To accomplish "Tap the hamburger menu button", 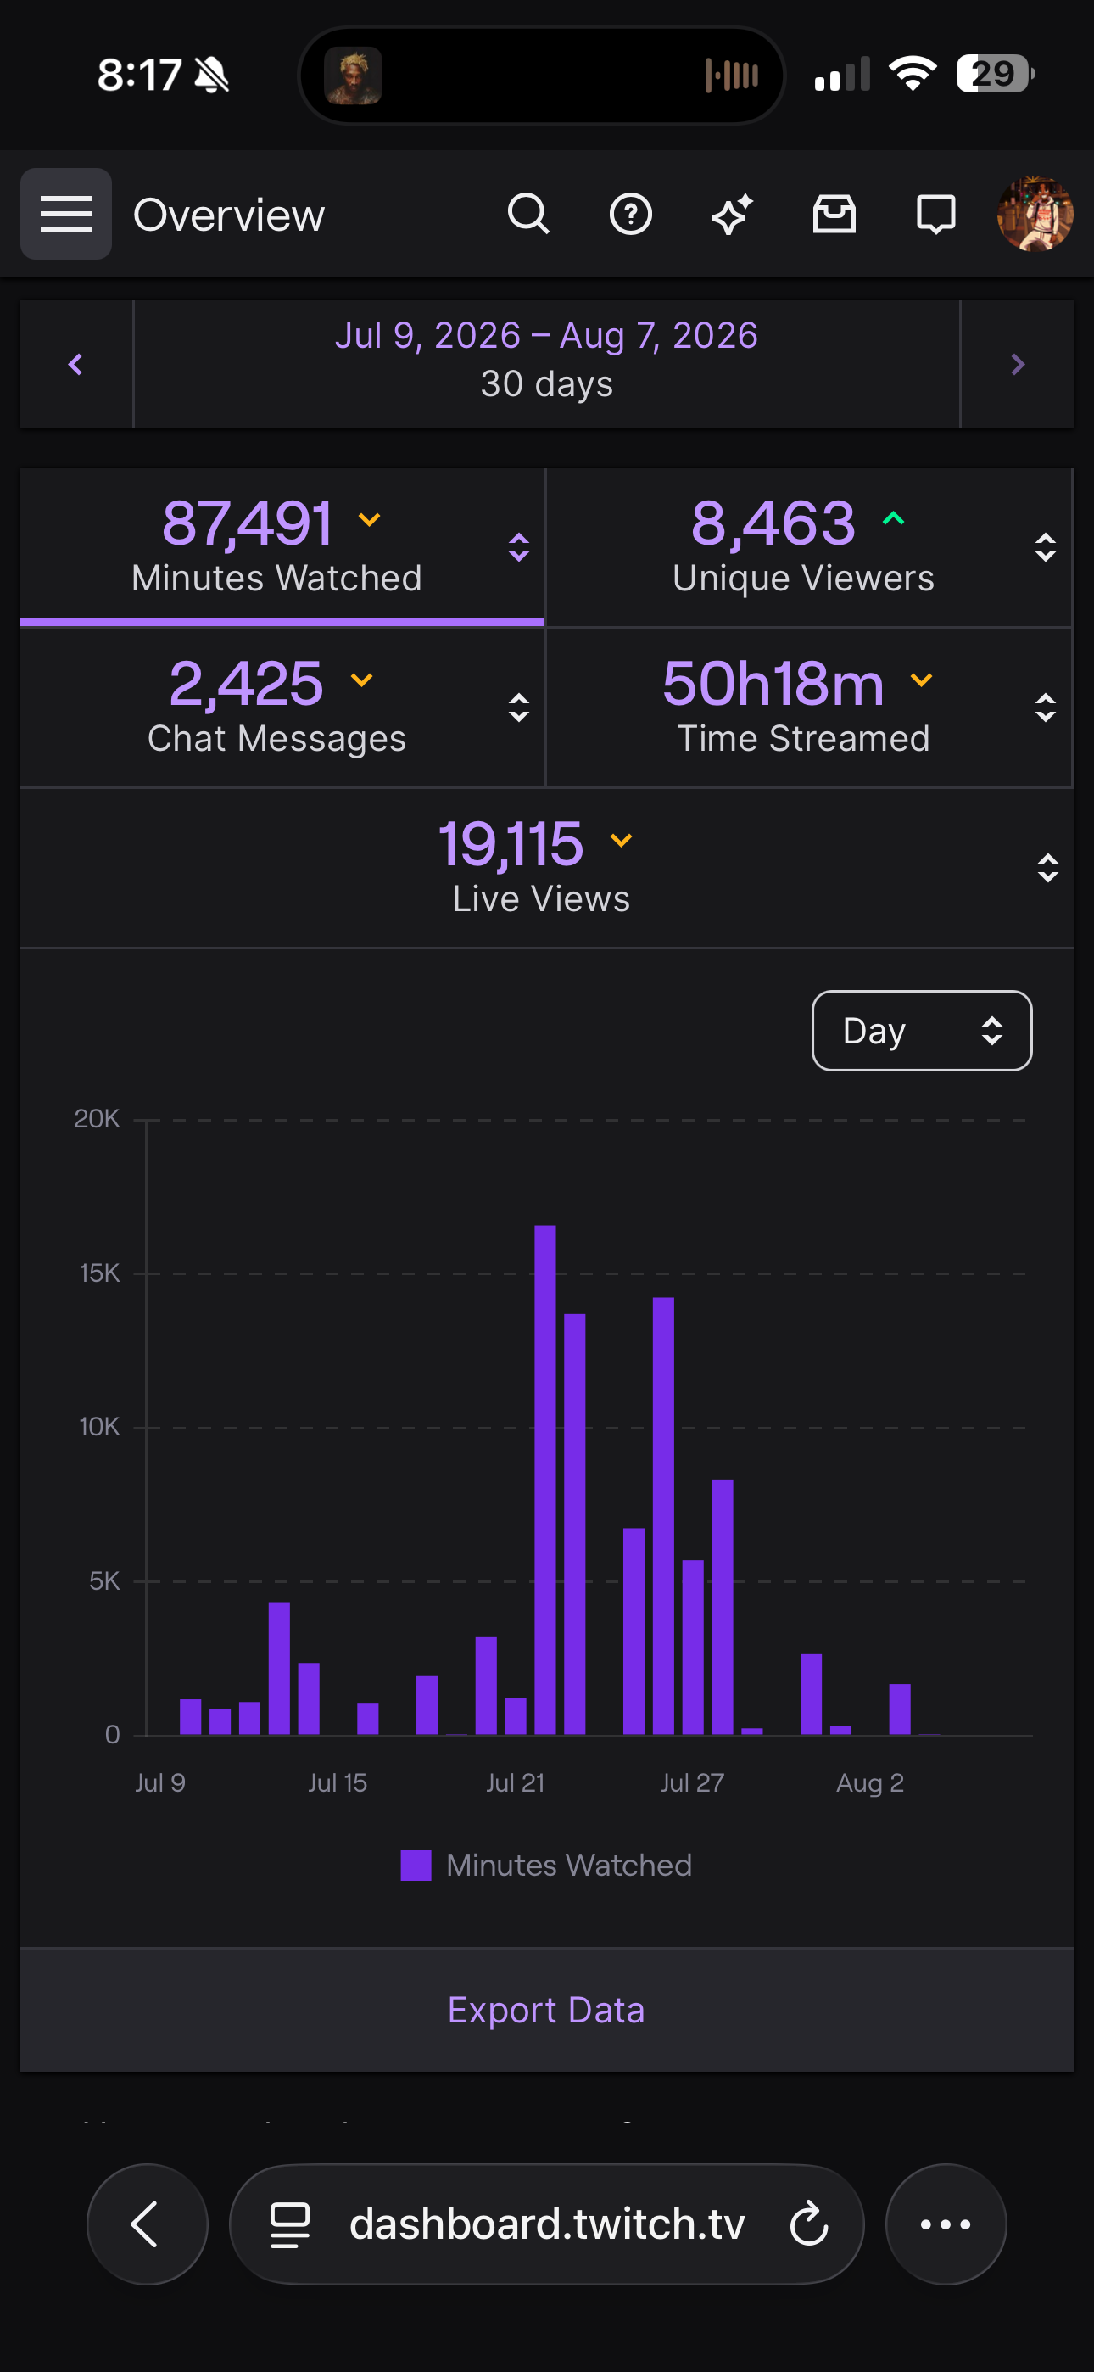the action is tap(65, 214).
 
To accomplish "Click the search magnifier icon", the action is tap(528, 215).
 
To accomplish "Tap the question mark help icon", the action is tap(631, 215).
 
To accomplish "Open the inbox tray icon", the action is tap(834, 215).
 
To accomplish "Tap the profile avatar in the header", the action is tap(1035, 215).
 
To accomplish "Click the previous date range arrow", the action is tap(76, 365).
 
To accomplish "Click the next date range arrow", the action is tap(1018, 365).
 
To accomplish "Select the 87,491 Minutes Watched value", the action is tap(248, 523).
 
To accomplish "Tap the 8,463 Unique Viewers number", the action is tap(773, 523).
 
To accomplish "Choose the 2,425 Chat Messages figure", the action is tap(246, 683).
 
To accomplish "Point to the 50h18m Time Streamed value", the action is tap(773, 683).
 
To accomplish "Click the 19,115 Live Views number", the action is tap(511, 843).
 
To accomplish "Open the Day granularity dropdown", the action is tap(922, 1031).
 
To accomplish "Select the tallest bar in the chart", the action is tap(545, 1480).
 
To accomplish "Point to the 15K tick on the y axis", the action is tap(99, 1273).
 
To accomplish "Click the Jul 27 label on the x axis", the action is tap(693, 1782).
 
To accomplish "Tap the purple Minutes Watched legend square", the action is tap(416, 1866).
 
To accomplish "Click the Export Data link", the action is tap(546, 2010).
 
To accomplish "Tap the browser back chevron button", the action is tap(148, 2224).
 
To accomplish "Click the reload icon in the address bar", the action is tap(809, 2224).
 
